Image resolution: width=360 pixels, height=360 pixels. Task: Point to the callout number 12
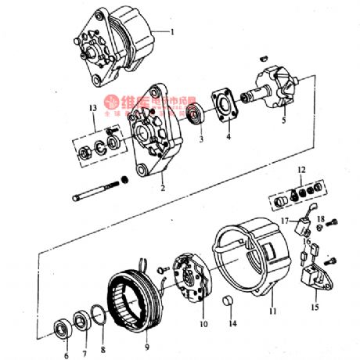tap(301, 169)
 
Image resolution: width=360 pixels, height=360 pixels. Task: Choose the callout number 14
tap(231, 322)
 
